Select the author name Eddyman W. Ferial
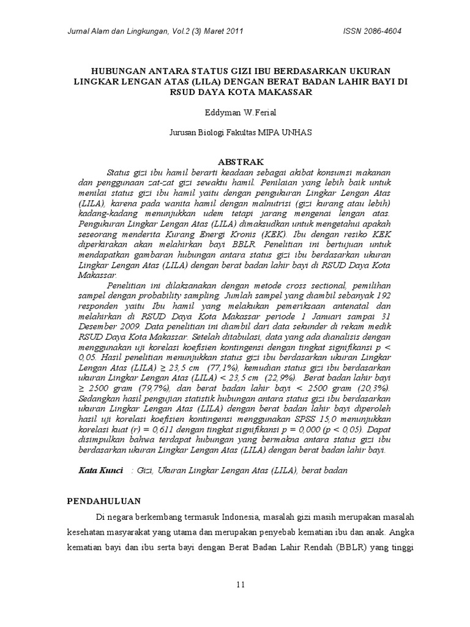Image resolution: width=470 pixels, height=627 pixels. [235, 114]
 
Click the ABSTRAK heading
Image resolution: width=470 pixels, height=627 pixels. [235, 162]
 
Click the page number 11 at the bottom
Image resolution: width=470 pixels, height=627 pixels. [241, 585]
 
